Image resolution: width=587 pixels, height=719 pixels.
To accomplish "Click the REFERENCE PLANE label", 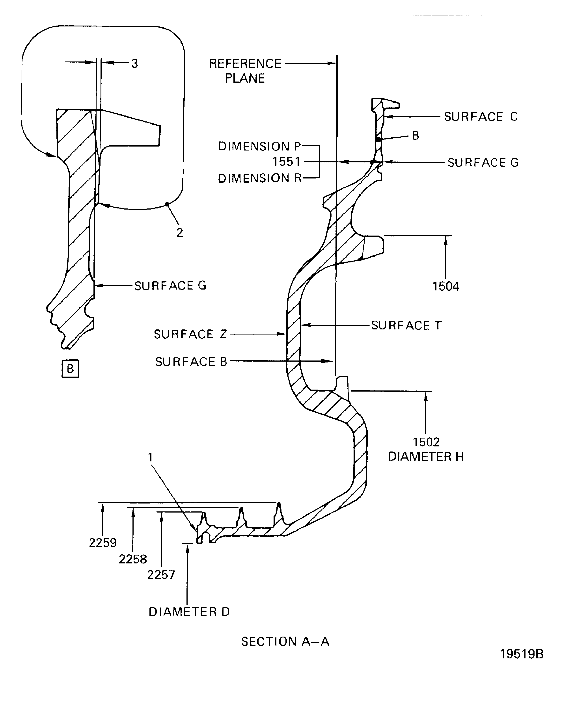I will (245, 71).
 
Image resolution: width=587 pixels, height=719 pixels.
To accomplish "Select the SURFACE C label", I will (481, 117).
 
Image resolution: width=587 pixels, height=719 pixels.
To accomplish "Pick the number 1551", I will (286, 162).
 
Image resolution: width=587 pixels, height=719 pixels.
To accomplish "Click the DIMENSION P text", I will (259, 146).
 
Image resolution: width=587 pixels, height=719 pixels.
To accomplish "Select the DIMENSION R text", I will (259, 178).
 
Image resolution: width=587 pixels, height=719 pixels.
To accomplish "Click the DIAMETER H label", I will (426, 457).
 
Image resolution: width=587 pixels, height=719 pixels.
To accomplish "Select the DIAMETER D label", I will (189, 612).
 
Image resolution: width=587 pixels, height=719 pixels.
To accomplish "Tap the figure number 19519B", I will (521, 654).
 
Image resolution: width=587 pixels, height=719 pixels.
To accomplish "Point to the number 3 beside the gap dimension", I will (135, 63).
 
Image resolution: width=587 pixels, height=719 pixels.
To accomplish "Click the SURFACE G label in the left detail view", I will (170, 286).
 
